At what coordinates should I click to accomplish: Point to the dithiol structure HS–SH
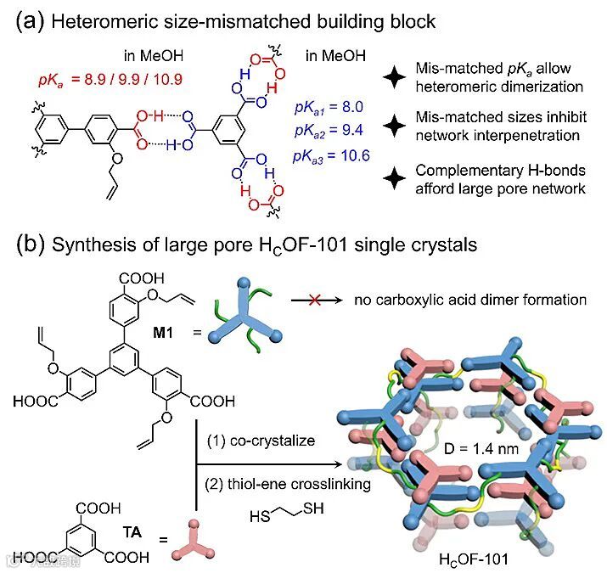(286, 515)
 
